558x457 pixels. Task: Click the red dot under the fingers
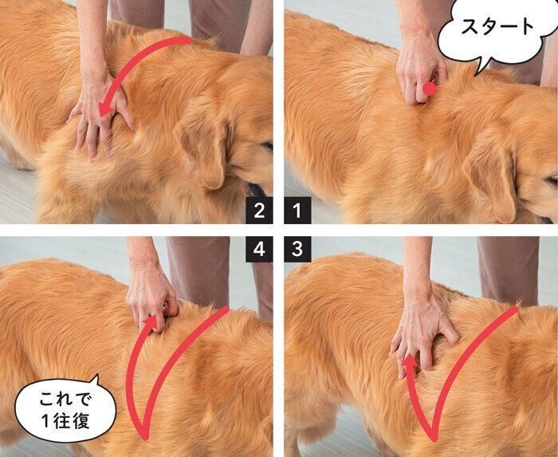click(430, 89)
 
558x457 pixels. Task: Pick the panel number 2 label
click(257, 211)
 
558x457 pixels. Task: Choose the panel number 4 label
click(257, 248)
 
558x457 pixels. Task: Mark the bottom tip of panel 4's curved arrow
click(144, 436)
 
